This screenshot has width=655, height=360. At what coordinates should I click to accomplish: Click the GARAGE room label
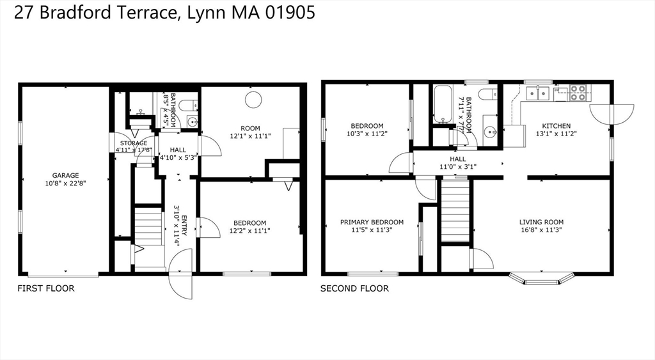click(x=66, y=175)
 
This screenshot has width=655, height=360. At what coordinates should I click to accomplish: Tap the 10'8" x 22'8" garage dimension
click(x=66, y=184)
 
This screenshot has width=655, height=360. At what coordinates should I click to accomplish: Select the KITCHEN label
click(x=556, y=126)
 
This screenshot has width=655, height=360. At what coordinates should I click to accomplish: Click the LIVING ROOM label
click(x=541, y=222)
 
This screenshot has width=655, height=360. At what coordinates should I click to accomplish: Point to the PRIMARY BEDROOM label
click(x=372, y=222)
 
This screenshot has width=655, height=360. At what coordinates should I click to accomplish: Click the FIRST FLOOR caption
click(x=46, y=288)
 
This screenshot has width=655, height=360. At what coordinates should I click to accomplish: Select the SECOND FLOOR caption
click(x=354, y=288)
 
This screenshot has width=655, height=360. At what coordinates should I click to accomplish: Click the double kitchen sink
click(x=537, y=93)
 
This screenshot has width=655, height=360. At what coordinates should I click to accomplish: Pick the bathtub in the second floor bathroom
click(x=443, y=104)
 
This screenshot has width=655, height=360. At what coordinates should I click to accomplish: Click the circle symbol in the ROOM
click(x=253, y=100)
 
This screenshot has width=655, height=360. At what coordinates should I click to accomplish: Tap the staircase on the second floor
click(x=455, y=210)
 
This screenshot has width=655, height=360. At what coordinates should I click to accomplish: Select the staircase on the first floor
click(x=148, y=227)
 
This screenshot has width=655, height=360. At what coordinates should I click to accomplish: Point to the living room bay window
click(x=541, y=279)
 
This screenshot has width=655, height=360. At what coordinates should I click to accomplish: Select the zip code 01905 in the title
click(x=290, y=13)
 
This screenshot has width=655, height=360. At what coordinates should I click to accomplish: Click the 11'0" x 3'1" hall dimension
click(x=458, y=167)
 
